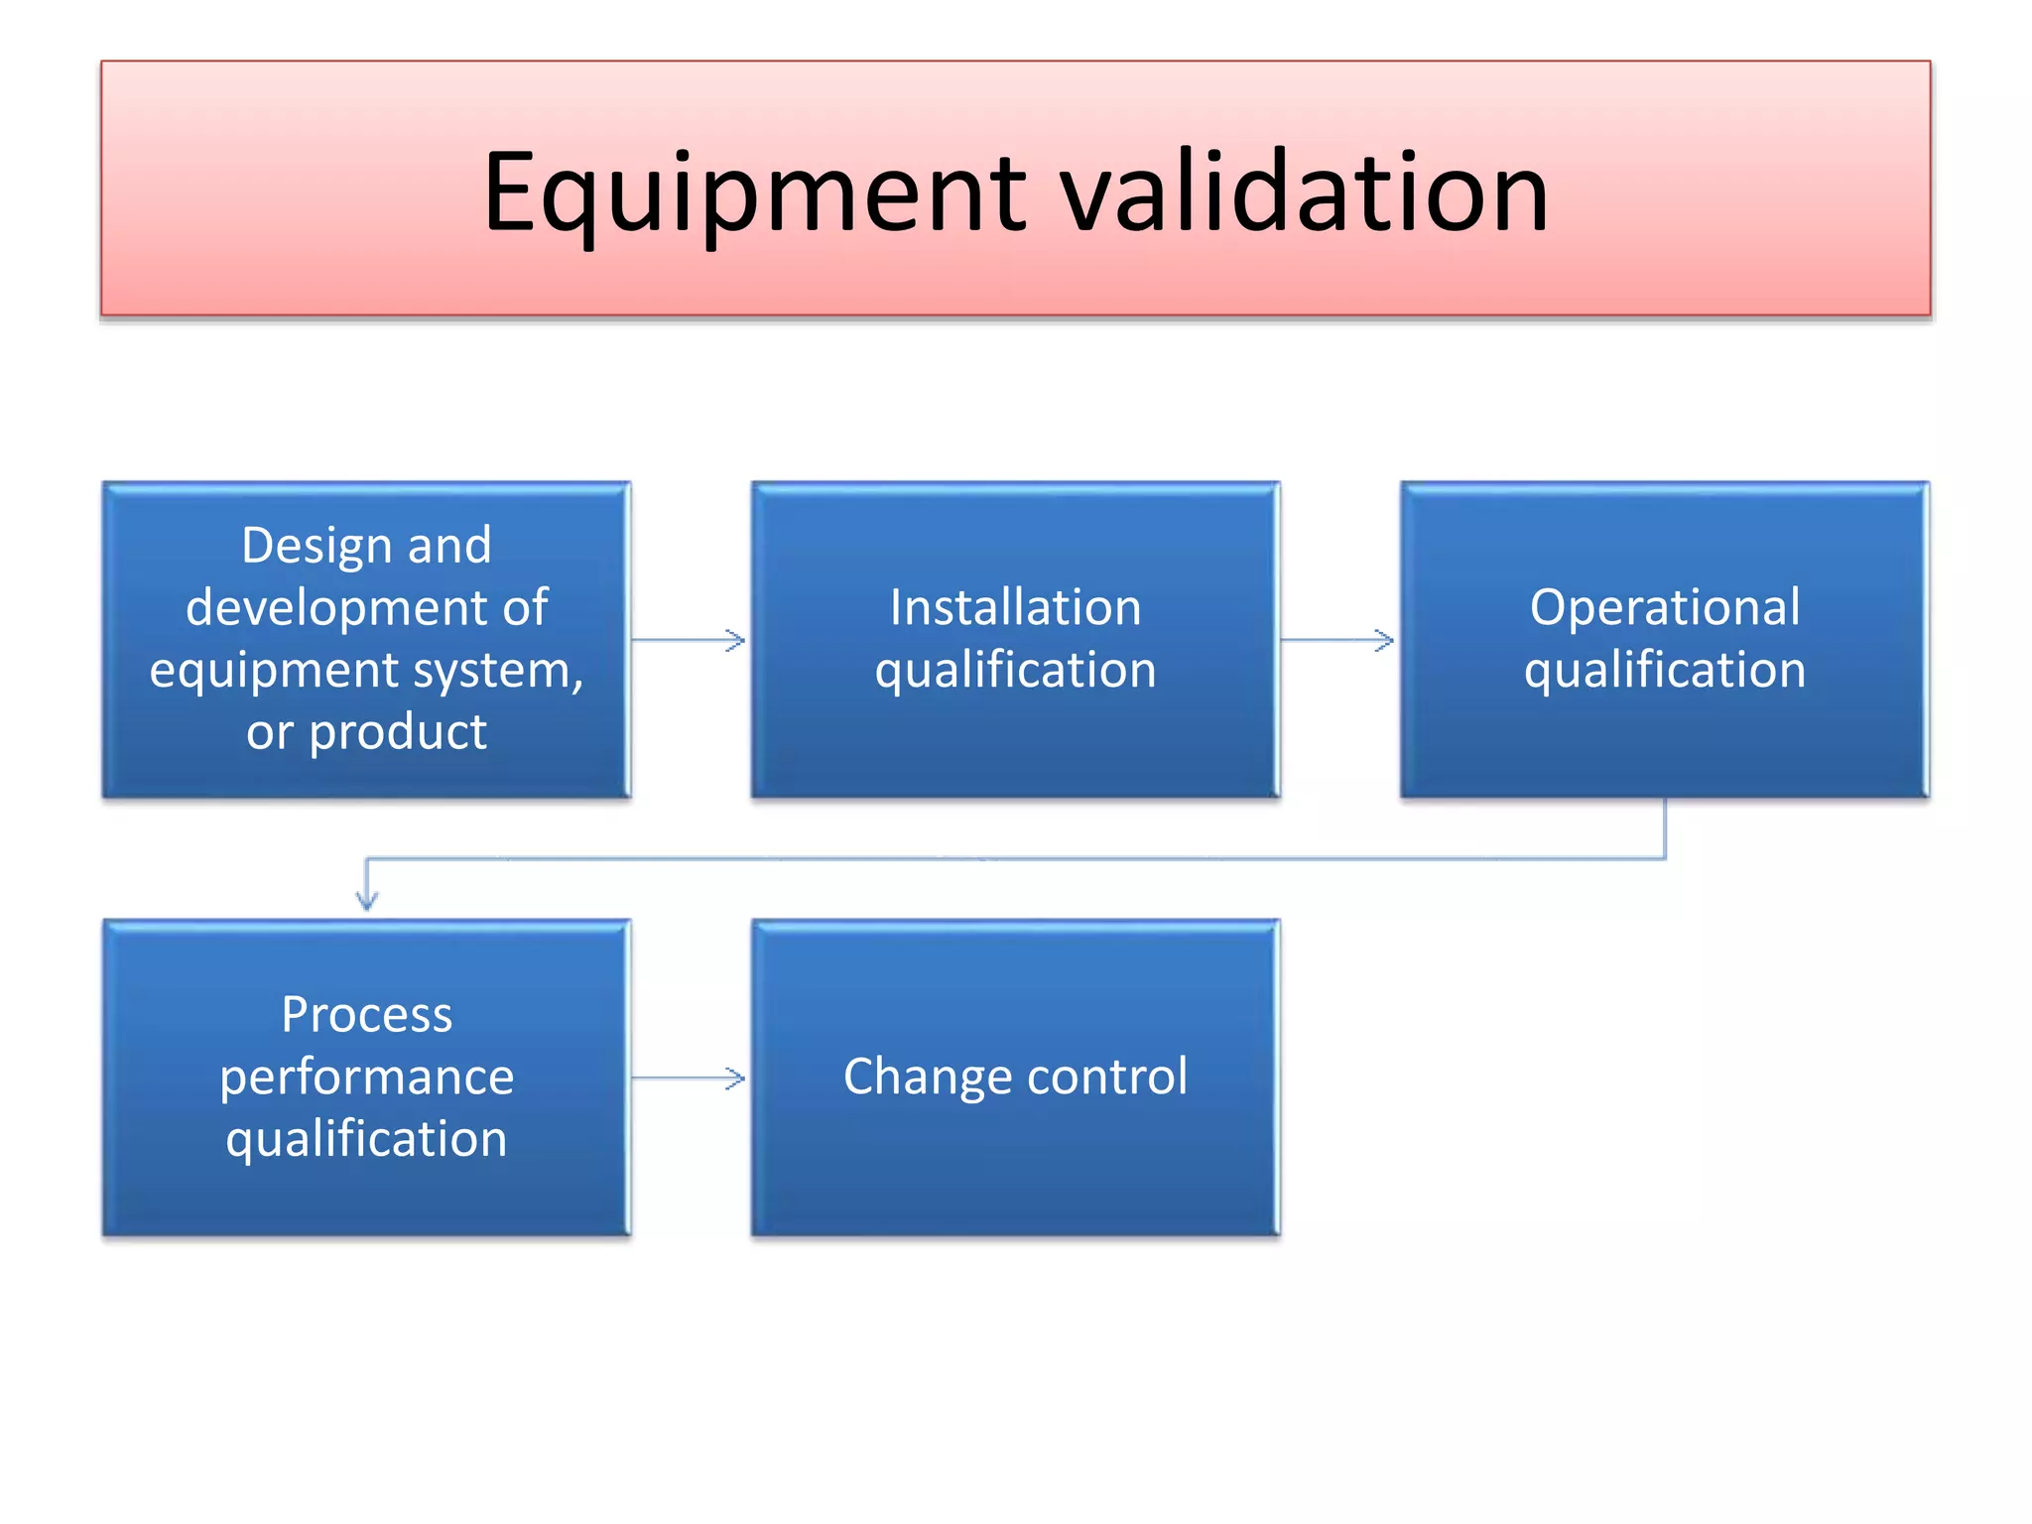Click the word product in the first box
[398, 732]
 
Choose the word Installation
[1015, 607]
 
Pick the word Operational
[1664, 607]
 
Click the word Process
[366, 1014]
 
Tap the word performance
[366, 1077]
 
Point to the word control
[1108, 1077]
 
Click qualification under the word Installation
[1015, 670]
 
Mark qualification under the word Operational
[1664, 670]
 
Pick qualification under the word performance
[366, 1139]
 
